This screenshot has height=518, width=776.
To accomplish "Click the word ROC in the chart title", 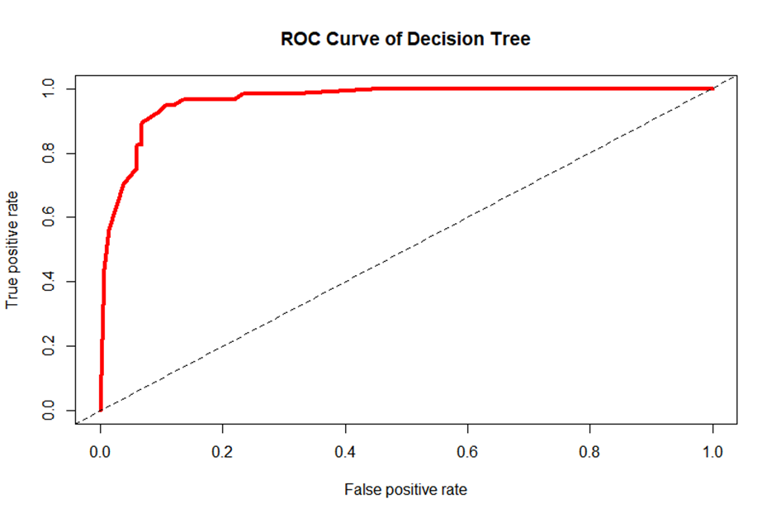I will point(298,39).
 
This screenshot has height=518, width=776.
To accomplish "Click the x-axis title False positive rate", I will point(405,490).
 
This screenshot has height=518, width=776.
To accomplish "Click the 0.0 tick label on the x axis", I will point(101,453).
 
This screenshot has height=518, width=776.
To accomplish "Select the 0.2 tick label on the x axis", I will point(223,453).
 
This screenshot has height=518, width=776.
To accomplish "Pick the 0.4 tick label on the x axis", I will point(345,453).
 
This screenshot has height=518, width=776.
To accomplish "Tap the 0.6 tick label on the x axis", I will point(468,453).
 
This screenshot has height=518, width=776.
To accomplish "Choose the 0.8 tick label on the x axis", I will point(590,453).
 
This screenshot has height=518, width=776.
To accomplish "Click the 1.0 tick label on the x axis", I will point(712,453).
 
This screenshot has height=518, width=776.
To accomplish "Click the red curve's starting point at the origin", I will point(101,410).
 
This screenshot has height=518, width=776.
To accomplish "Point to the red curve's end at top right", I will point(712,88).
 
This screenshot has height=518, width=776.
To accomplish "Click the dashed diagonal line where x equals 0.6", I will point(468,217).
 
